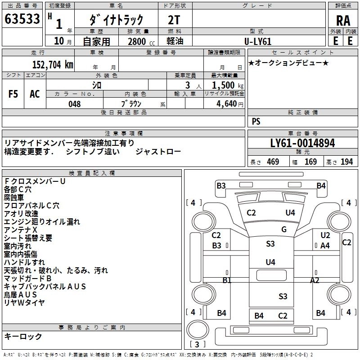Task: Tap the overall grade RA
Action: (x=343, y=21)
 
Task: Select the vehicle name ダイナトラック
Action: (x=116, y=19)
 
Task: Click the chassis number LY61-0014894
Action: (x=302, y=144)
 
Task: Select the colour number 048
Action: (x=75, y=104)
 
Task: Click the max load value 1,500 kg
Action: (x=228, y=85)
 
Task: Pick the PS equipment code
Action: (x=256, y=121)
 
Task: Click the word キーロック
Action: (x=23, y=336)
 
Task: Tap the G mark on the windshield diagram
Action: (x=284, y=229)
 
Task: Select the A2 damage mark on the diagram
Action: (x=315, y=280)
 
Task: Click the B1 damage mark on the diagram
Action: (x=227, y=280)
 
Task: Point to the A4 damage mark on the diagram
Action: (x=325, y=246)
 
